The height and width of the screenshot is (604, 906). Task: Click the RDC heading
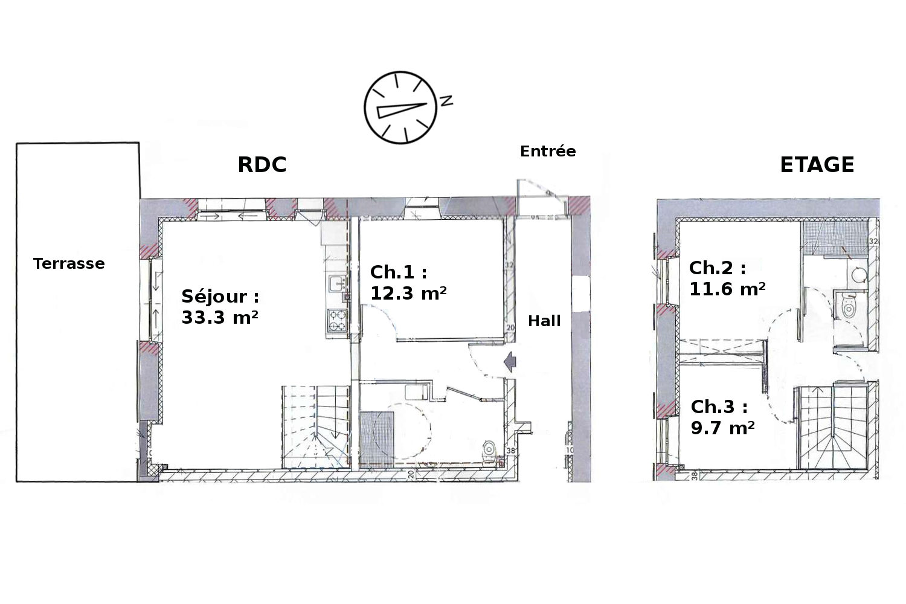tap(262, 165)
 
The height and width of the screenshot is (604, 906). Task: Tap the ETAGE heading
tap(817, 165)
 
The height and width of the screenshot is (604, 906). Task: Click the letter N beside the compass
tap(446, 100)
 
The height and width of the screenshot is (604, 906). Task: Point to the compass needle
tap(401, 110)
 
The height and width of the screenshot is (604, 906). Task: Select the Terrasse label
tap(69, 264)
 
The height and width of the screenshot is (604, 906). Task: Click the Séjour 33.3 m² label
tap(220, 307)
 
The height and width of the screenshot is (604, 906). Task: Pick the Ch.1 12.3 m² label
tap(408, 283)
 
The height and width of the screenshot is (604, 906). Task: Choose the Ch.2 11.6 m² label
tap(727, 278)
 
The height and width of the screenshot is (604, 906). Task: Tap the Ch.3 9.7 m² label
tap(723, 417)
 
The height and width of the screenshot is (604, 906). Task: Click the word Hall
tap(544, 321)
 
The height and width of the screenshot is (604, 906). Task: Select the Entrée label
tap(548, 152)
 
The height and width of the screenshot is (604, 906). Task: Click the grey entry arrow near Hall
tap(510, 361)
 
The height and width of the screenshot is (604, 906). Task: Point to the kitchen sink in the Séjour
tap(337, 283)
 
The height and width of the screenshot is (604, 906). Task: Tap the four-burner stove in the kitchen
tap(337, 320)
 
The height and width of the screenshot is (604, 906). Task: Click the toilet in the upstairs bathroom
tap(848, 307)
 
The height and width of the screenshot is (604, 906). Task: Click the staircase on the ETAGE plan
tap(833, 427)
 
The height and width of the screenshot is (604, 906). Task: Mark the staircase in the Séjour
tap(316, 427)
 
